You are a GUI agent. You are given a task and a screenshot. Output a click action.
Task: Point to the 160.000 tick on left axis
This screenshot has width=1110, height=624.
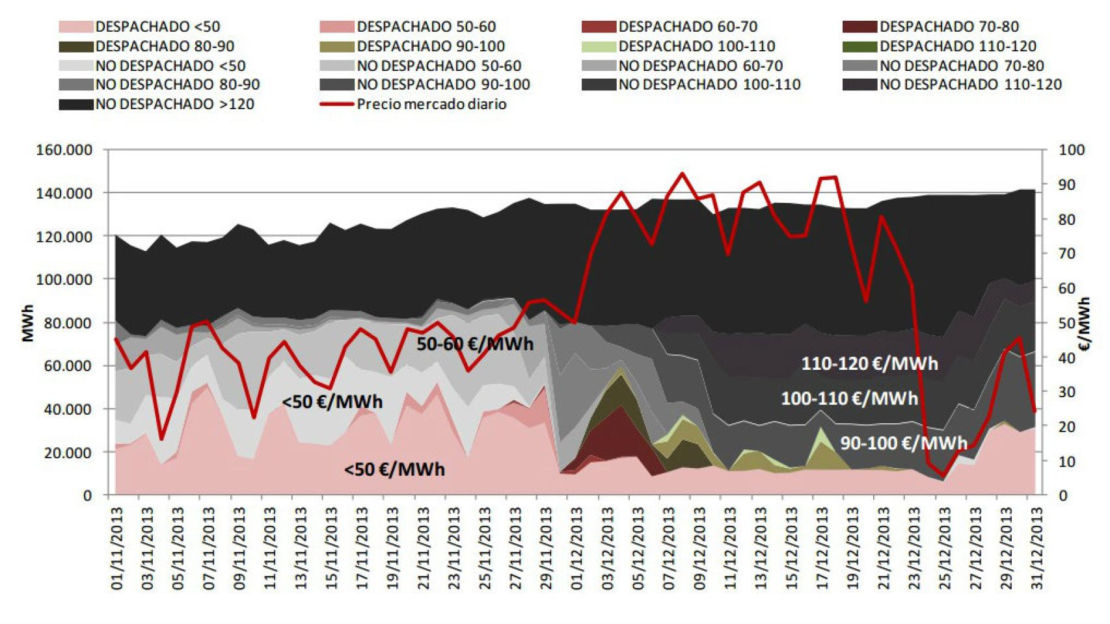[x=62, y=150]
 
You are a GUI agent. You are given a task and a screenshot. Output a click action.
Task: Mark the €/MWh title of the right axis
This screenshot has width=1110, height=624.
[x=1085, y=324]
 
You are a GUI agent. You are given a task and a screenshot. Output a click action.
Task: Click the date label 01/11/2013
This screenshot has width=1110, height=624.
[x=117, y=549]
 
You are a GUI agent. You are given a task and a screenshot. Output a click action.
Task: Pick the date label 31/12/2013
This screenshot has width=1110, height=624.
[x=1037, y=549]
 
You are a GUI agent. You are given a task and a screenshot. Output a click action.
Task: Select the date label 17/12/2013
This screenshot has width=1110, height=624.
[x=822, y=549]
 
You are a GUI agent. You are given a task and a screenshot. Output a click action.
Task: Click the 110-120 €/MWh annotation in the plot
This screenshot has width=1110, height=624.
[x=869, y=363]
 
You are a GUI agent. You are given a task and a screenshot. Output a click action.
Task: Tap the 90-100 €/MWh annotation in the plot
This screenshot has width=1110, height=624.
[x=904, y=443]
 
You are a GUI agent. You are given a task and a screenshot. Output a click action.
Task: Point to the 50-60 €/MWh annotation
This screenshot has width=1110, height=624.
[x=475, y=344]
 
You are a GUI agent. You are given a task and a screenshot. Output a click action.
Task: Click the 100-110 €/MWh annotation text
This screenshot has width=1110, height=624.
[x=849, y=398]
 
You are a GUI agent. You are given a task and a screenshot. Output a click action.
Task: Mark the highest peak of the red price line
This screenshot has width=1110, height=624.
[x=682, y=174]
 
